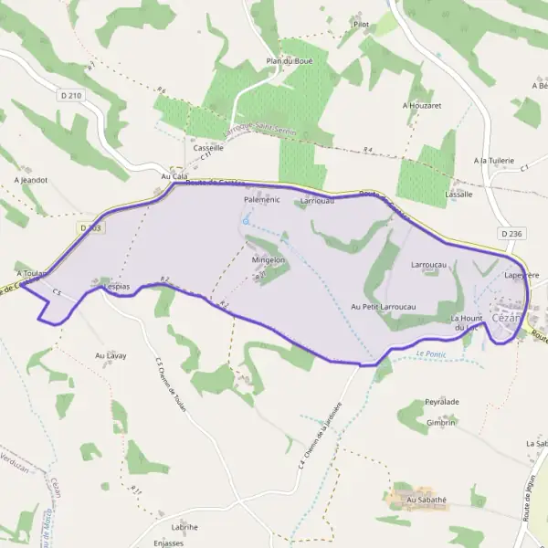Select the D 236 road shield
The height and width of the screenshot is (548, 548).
point(511,235)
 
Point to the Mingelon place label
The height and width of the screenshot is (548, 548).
point(269,260)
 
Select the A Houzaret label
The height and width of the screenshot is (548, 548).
point(422,106)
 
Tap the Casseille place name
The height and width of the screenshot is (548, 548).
point(208,147)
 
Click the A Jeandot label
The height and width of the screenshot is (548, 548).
point(30,180)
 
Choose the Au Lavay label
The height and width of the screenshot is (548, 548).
point(111,355)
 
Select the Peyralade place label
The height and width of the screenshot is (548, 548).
point(441,402)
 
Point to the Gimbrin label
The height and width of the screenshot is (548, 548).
point(440,423)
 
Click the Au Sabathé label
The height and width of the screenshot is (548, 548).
point(427,500)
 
